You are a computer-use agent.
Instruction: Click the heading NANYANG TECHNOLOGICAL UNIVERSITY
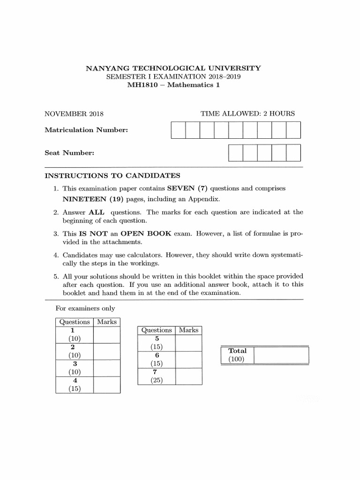pyautogui.click(x=173, y=68)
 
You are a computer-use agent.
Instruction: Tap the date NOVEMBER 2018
pyautogui.click(x=74, y=113)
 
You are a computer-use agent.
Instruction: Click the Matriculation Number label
pyautogui.click(x=86, y=130)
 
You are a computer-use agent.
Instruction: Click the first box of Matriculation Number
pyautogui.click(x=178, y=130)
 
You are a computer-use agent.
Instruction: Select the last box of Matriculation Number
pyautogui.click(x=293, y=130)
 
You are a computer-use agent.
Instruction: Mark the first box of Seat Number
pyautogui.click(x=236, y=153)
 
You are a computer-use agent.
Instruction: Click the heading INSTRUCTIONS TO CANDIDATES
pyautogui.click(x=112, y=176)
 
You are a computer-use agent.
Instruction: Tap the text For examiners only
pyautogui.click(x=85, y=308)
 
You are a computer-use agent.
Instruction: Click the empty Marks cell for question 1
pyautogui.click(x=106, y=334)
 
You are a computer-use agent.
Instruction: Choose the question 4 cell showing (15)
pyautogui.click(x=75, y=385)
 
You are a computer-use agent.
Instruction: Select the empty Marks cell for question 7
pyautogui.click(x=189, y=376)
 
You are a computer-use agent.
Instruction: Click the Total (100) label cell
pyautogui.click(x=237, y=355)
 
